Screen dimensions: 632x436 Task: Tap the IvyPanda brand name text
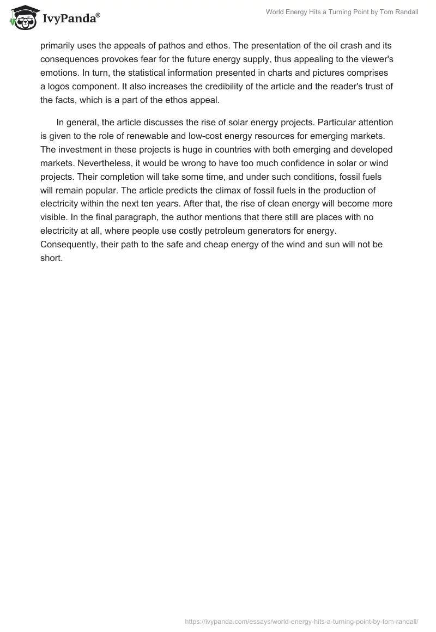(70, 19)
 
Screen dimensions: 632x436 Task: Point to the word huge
(197, 149)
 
